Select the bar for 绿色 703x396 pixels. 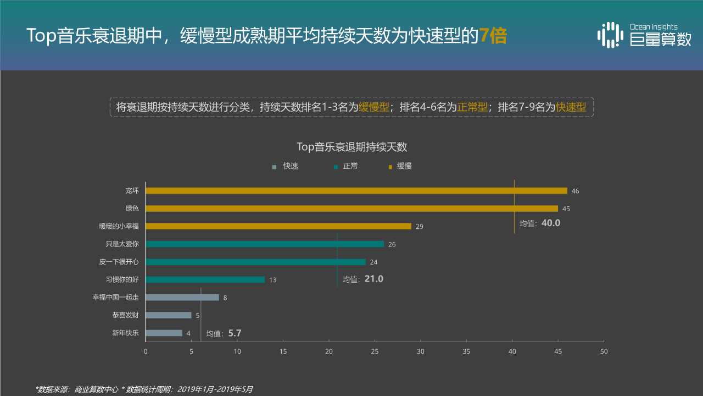(351, 208)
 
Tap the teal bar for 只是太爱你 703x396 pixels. (265, 244)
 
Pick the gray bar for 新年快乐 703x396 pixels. (164, 333)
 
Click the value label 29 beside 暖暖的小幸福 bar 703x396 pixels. (420, 227)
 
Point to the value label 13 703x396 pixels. (273, 280)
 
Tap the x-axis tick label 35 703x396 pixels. (466, 351)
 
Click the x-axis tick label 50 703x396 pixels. (604, 351)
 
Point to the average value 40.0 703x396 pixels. (550, 223)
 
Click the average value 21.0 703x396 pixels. (373, 279)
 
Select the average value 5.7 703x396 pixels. (235, 333)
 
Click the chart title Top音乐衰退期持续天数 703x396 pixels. (351, 147)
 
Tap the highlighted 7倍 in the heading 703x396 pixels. (493, 35)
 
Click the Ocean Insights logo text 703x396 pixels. (654, 27)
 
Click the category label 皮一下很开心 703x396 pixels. (119, 262)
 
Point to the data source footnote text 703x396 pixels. (144, 389)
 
